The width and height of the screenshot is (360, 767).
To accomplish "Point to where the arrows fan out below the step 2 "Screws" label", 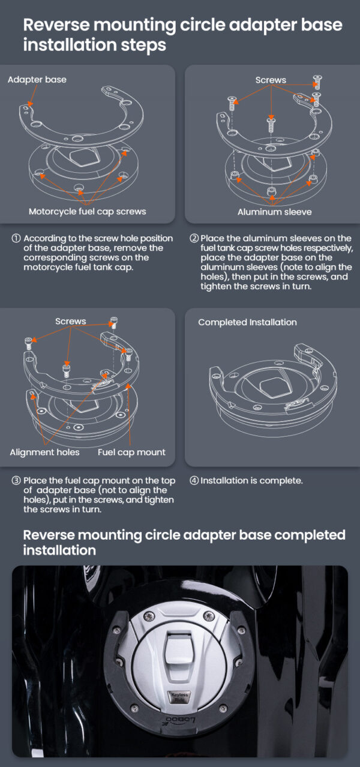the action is click(271, 85).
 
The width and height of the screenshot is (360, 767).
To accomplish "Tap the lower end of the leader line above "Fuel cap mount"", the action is click(130, 444).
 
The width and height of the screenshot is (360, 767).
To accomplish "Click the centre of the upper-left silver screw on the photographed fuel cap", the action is click(149, 616).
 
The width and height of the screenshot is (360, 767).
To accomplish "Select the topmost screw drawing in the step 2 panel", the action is click(317, 82).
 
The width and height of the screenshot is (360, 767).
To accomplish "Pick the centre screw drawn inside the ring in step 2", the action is click(271, 124).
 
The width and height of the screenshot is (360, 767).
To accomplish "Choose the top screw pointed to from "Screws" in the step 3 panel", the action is click(114, 322).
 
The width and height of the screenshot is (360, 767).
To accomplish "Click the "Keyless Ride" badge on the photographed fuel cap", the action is click(179, 697).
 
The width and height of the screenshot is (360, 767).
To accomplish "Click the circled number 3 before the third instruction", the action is click(16, 480).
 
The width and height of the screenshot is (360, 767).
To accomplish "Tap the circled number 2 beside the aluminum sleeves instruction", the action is click(194, 238).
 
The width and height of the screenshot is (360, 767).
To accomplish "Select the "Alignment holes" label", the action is click(44, 452).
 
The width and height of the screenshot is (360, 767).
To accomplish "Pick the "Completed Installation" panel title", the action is click(247, 322).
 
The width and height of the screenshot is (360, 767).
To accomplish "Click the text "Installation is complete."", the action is click(251, 480).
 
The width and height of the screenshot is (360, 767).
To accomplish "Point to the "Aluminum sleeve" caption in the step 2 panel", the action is click(274, 212).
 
